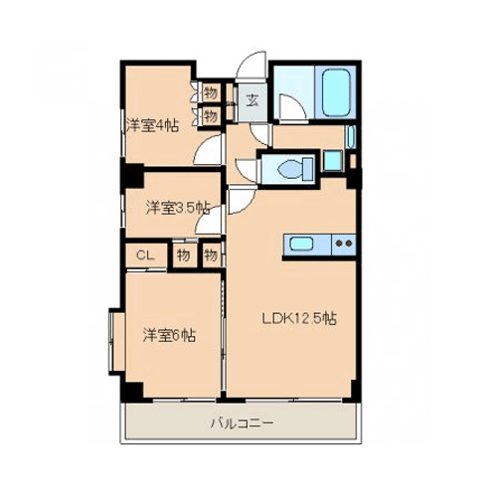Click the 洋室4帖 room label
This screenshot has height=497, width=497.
(152, 125)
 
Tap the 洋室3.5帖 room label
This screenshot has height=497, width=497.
(178, 208)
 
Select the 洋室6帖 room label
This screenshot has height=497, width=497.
(169, 335)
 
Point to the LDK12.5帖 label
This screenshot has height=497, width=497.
(299, 318)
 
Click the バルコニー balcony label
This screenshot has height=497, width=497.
(243, 423)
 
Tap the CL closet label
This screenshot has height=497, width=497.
(145, 255)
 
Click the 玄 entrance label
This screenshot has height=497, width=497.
(252, 100)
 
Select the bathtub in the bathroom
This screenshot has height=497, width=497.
(336, 91)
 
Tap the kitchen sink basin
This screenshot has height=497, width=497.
(301, 245)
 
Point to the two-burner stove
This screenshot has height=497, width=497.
(344, 245)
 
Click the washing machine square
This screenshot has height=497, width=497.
(333, 161)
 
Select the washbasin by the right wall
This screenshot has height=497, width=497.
(351, 137)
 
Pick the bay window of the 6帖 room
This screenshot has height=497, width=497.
(116, 342)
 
